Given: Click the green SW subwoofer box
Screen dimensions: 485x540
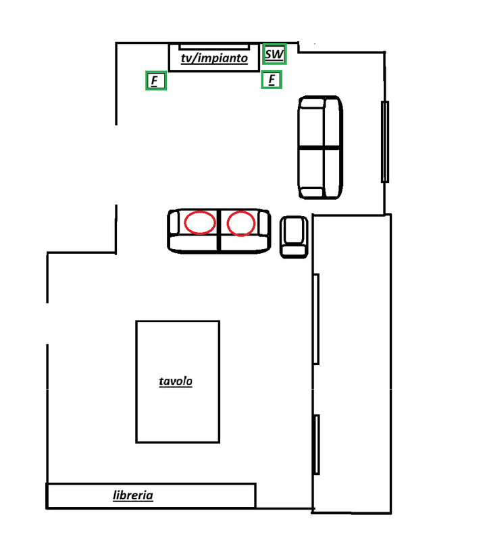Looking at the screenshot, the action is [x=274, y=54].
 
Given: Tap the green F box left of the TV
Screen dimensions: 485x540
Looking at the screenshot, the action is [x=156, y=80].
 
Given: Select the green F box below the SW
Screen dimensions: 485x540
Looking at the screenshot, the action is [x=272, y=80].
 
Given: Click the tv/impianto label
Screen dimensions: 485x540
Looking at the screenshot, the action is [x=214, y=58].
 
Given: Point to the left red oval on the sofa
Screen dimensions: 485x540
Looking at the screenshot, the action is [x=200, y=223].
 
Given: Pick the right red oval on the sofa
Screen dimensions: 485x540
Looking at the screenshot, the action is [x=241, y=223].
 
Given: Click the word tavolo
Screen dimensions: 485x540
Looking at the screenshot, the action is [x=176, y=381].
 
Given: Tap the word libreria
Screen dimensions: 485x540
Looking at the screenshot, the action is [x=132, y=495].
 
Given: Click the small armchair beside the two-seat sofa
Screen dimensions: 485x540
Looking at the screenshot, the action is [x=294, y=237].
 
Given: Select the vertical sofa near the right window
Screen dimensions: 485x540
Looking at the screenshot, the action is [x=320, y=147].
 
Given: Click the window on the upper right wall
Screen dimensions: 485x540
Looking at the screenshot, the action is [x=385, y=142].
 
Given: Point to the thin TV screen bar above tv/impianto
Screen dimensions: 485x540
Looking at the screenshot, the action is [x=214, y=46].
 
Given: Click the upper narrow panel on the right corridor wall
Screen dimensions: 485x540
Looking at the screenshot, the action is [x=315, y=319].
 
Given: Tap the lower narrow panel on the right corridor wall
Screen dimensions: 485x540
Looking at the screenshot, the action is [x=316, y=445].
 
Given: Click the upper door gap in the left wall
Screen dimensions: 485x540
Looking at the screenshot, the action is [x=116, y=165].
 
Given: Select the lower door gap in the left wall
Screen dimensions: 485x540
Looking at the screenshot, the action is [x=47, y=323].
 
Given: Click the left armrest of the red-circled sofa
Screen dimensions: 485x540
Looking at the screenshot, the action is [x=174, y=223].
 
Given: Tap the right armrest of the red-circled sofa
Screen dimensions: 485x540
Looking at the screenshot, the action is [x=263, y=223].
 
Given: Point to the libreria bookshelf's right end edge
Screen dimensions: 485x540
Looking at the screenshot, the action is [x=255, y=495].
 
